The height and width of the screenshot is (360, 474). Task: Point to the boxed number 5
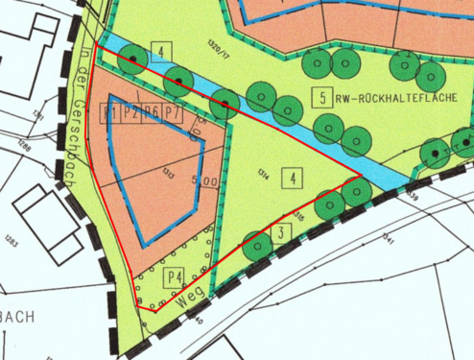pos(323,97)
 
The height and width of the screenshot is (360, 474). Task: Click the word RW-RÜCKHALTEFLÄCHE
pos(390,98)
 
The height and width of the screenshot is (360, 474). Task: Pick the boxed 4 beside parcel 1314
pos(292,178)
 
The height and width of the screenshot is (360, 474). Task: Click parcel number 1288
pos(22,147)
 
